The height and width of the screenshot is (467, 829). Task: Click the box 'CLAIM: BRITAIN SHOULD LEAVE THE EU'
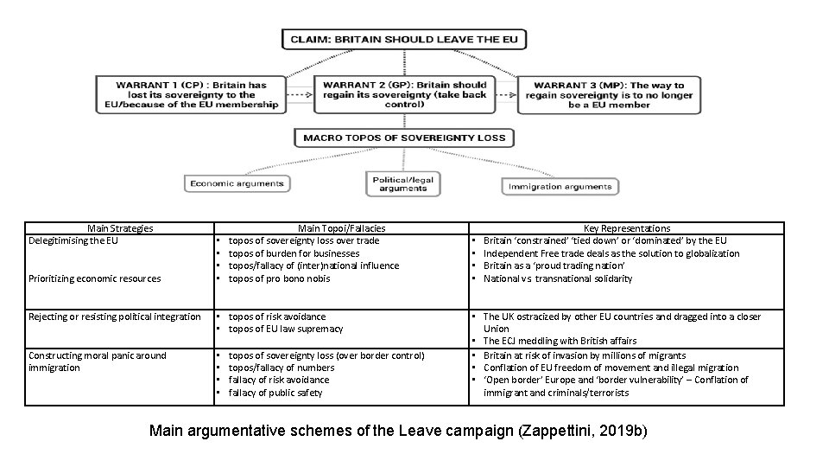pyautogui.click(x=403, y=40)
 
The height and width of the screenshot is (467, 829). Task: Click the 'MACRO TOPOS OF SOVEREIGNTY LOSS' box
pyautogui.click(x=403, y=138)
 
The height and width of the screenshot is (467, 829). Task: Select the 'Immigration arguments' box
pyautogui.click(x=560, y=186)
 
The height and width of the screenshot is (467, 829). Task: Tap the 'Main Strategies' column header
pyautogui.click(x=120, y=228)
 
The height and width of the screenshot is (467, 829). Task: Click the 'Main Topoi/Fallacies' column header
pyautogui.click(x=341, y=228)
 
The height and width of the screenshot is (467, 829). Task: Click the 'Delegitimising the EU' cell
pyautogui.click(x=73, y=240)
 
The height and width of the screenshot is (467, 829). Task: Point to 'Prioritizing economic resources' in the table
pyautogui.click(x=94, y=278)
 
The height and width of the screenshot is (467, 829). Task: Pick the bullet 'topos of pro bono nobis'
pyautogui.click(x=278, y=278)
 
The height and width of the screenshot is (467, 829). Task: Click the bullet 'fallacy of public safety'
pyautogui.click(x=275, y=393)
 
